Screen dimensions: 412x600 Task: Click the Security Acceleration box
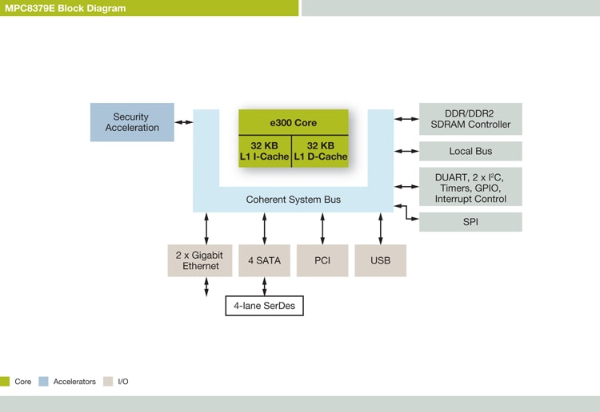(x=132, y=122)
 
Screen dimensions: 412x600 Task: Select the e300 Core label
(x=293, y=123)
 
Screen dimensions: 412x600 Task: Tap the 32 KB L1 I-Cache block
(x=264, y=151)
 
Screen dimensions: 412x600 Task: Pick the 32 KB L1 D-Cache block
(x=321, y=151)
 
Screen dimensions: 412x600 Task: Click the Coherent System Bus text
(x=293, y=200)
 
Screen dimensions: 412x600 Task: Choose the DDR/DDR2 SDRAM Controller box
(x=470, y=119)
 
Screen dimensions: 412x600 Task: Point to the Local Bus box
(x=470, y=151)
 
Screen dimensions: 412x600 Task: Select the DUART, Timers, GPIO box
(x=470, y=187)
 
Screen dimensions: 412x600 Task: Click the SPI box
(x=470, y=222)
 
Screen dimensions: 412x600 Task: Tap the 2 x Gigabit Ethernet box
(x=200, y=260)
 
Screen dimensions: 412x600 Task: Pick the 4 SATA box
(x=264, y=260)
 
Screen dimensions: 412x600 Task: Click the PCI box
(x=322, y=260)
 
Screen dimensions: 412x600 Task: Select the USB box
(x=380, y=260)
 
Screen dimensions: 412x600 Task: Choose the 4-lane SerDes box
(x=264, y=306)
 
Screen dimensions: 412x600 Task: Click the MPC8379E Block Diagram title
(x=64, y=8)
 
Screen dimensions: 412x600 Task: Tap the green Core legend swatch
(x=5, y=382)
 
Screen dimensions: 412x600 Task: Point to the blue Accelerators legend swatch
(x=43, y=382)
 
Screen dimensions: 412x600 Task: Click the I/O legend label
(x=123, y=382)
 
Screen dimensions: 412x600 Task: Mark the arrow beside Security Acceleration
(x=184, y=122)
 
